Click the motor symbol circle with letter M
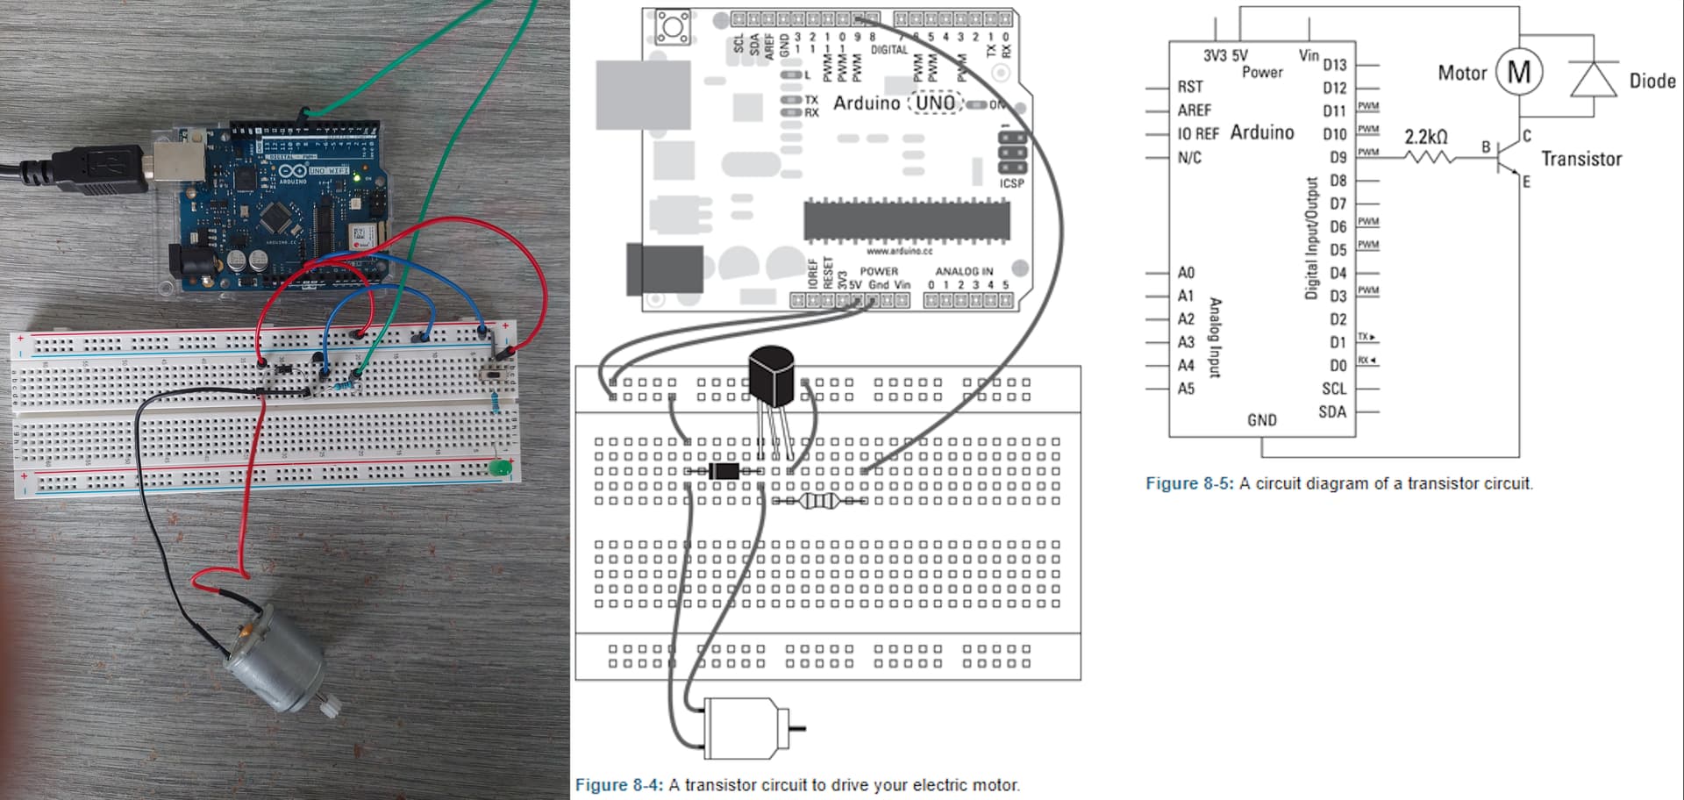click(1518, 71)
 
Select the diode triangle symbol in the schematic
click(1594, 79)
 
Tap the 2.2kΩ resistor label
click(1425, 137)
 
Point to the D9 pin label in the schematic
click(1337, 158)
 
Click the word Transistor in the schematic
click(1581, 159)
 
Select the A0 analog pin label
click(1186, 273)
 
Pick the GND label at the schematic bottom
click(1261, 420)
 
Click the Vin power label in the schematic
click(1308, 55)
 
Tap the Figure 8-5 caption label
click(1188, 483)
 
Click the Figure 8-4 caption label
click(617, 785)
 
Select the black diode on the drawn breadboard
click(724, 471)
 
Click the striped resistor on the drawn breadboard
click(820, 501)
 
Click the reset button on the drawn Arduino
click(674, 27)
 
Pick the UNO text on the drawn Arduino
click(935, 104)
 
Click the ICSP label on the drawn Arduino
click(1011, 183)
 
